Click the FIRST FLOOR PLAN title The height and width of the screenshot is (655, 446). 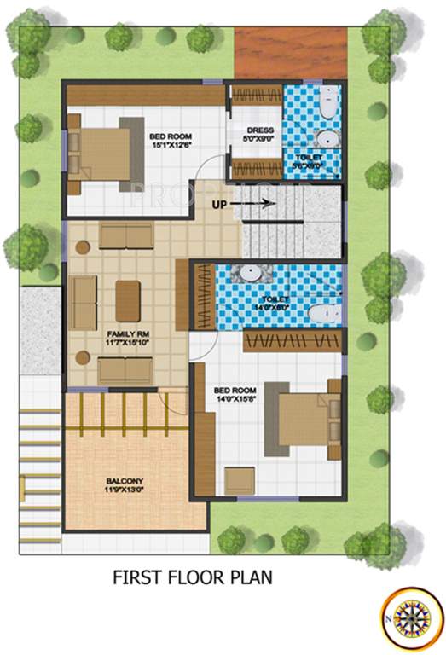193,577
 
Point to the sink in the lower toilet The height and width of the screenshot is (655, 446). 249,274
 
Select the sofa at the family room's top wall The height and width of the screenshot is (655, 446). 125,235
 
